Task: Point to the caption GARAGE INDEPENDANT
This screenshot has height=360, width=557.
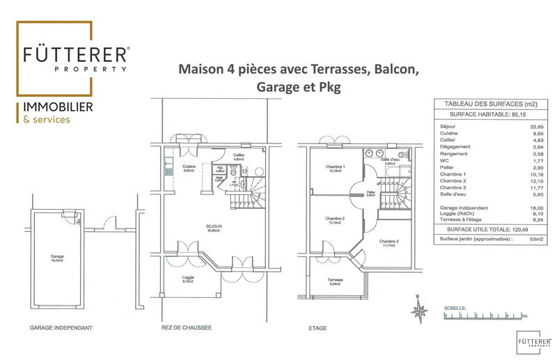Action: pos(61,327)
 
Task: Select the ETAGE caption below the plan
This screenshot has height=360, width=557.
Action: pos(317,327)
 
